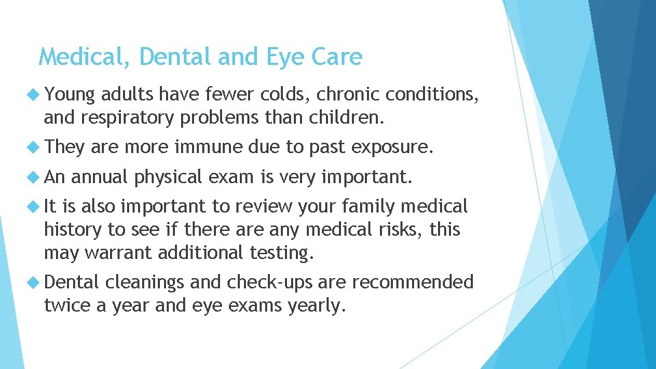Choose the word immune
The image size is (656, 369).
pos(208,146)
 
